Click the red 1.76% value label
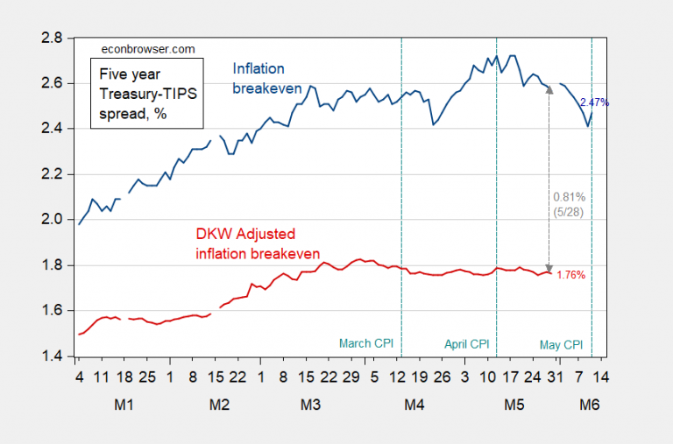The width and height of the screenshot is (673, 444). click(x=570, y=275)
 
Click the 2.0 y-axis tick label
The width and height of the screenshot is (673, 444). click(x=53, y=220)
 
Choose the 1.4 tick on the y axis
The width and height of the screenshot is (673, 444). click(x=53, y=356)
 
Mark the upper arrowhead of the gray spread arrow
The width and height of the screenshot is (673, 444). click(x=549, y=90)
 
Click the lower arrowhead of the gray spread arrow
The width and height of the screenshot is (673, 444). click(x=549, y=269)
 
